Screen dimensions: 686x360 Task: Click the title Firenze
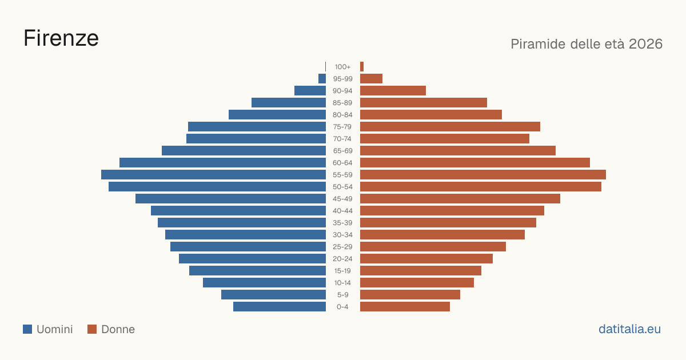click(61, 38)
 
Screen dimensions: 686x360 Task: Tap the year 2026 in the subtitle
click(645, 44)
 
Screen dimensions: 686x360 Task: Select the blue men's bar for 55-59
click(213, 174)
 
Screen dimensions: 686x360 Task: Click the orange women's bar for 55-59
click(483, 174)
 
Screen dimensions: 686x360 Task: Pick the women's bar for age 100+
click(362, 67)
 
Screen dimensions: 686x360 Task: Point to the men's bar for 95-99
click(322, 79)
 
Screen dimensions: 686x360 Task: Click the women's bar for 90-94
click(393, 91)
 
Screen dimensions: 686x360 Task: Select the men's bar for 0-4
click(280, 306)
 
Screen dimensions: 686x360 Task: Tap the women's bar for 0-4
click(405, 306)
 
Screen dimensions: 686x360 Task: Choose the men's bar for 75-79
click(257, 127)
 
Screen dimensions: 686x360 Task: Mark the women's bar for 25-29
click(433, 247)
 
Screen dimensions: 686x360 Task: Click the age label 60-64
click(342, 163)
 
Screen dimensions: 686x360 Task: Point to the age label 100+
click(342, 67)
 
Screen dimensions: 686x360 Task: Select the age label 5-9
click(342, 295)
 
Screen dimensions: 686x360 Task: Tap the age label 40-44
click(342, 211)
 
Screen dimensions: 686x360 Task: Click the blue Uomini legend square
click(27, 329)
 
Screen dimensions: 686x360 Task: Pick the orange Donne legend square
click(92, 329)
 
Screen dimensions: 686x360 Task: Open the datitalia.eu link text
click(629, 329)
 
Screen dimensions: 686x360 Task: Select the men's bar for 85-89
click(289, 102)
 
